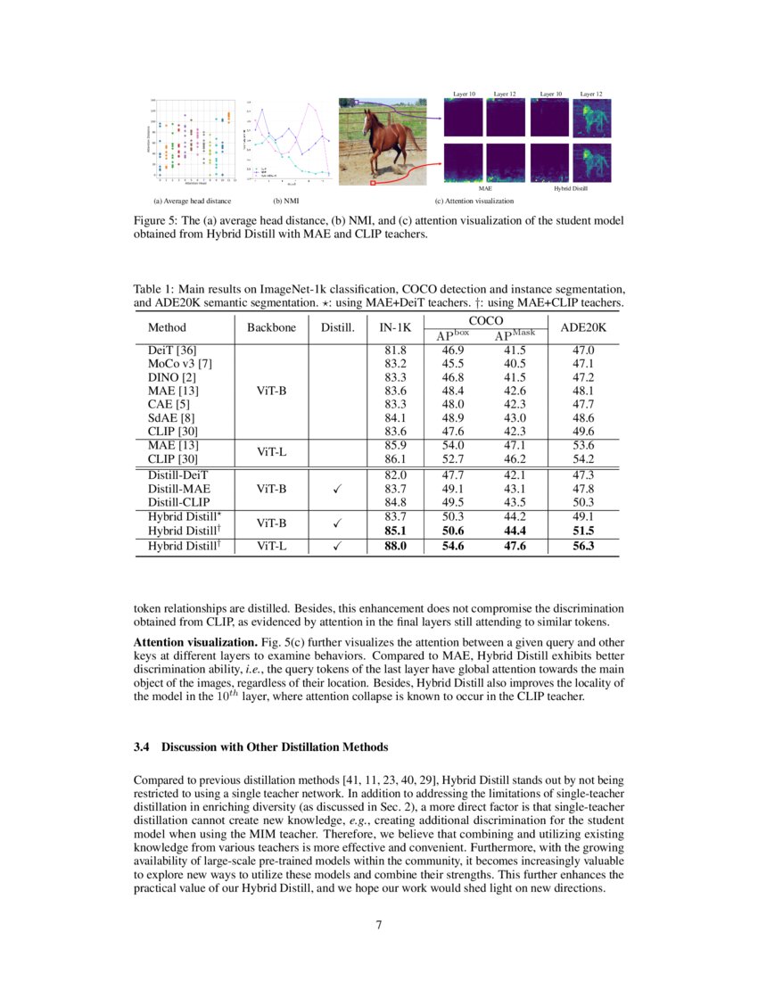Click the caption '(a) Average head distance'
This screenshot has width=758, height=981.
pos(193,202)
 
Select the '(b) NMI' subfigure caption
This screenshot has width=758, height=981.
pos(285,202)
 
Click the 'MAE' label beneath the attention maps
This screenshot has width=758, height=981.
pos(485,189)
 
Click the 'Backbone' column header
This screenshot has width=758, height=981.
pos(271,327)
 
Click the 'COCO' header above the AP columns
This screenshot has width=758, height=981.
pos(485,320)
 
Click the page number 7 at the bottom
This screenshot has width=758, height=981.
pos(379,924)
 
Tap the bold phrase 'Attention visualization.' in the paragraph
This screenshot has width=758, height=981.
pos(185,643)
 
